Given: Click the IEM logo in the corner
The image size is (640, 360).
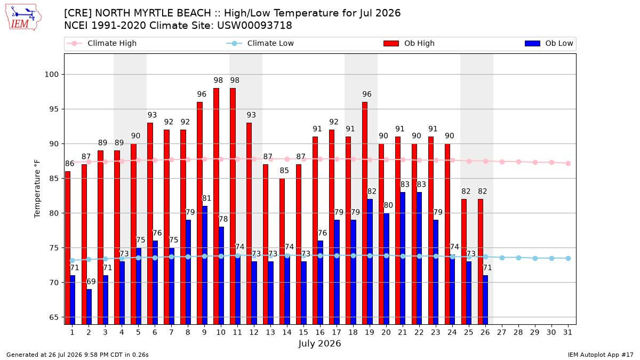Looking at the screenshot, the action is point(23,18).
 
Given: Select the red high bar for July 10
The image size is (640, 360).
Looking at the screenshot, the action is point(217,206).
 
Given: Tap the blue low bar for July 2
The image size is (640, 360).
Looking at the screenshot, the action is point(89,307).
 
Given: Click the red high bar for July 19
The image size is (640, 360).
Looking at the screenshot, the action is point(365,213).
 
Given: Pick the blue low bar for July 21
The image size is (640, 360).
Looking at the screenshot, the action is point(403,258).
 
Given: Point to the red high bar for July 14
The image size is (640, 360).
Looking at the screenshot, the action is point(282,251).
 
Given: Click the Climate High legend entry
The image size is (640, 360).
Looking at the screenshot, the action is point(102,43).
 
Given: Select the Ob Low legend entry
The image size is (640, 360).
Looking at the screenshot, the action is point(549,43).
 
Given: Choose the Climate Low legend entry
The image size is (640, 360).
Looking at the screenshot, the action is point(260,43).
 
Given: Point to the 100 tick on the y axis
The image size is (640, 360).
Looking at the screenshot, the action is point(51,75).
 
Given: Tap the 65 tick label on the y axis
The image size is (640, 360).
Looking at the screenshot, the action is point(54,317).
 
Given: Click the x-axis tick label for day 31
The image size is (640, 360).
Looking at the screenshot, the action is point(567,333).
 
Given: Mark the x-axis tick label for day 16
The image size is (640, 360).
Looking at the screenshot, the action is point(320,333).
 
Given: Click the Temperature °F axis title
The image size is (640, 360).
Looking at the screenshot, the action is point(37,189).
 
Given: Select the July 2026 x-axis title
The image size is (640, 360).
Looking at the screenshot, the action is point(319,343).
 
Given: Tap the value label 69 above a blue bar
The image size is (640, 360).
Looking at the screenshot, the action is point(91,282).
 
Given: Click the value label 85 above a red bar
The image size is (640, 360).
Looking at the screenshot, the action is point(284,171).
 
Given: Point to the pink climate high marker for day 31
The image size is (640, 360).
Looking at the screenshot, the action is point(569,163).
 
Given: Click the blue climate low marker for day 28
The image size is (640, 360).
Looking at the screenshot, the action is point(518,258).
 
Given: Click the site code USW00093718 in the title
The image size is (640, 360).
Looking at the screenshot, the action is point(254,26).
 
